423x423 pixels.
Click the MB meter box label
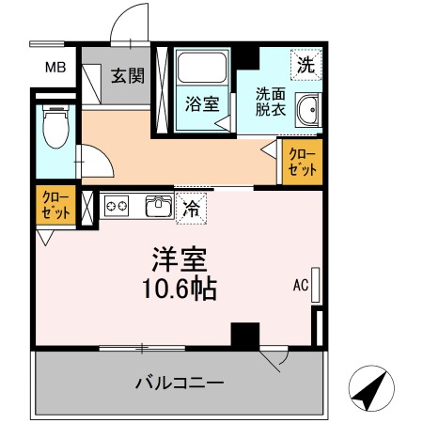(x=55, y=68)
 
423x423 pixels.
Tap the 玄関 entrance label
(x=128, y=76)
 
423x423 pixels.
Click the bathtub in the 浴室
(x=202, y=67)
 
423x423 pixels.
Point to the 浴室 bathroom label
(x=202, y=104)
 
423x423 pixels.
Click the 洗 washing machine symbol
(x=306, y=65)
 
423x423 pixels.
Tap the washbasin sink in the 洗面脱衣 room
(x=308, y=110)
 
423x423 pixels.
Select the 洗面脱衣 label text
(x=271, y=102)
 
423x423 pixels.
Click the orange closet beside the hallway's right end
(x=303, y=162)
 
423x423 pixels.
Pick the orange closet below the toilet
(x=55, y=205)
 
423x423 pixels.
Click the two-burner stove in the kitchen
(x=117, y=206)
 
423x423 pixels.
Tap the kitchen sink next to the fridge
(x=159, y=206)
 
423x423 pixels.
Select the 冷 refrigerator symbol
(x=191, y=209)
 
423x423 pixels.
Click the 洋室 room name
(x=180, y=259)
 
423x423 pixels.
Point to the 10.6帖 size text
(x=180, y=289)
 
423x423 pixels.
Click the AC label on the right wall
(x=301, y=285)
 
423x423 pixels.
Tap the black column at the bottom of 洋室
(x=245, y=335)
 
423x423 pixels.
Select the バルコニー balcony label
(x=180, y=383)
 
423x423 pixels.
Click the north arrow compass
(x=371, y=388)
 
